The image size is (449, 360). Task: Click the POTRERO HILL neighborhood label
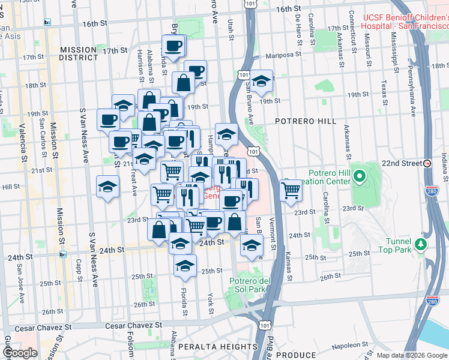click(x=306, y=121)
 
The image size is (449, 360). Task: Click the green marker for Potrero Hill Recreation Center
click(x=360, y=176)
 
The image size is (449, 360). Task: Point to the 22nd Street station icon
click(x=427, y=163)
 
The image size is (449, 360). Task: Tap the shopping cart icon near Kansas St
click(x=291, y=191)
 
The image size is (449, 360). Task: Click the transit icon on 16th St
click(x=47, y=22)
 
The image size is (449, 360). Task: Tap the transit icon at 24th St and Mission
click(x=63, y=254)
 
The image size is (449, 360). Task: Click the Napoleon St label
click(x=349, y=346)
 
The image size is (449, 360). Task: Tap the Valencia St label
click(x=23, y=143)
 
